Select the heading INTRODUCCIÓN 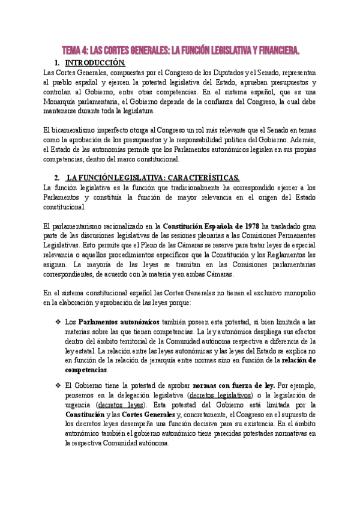[x=95, y=63]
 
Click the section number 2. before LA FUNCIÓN [x=56, y=178]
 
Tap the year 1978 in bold [x=249, y=226]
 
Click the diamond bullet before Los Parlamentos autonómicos [x=58, y=322]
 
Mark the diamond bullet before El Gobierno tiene [x=58, y=385]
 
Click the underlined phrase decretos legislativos [x=220, y=395]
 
